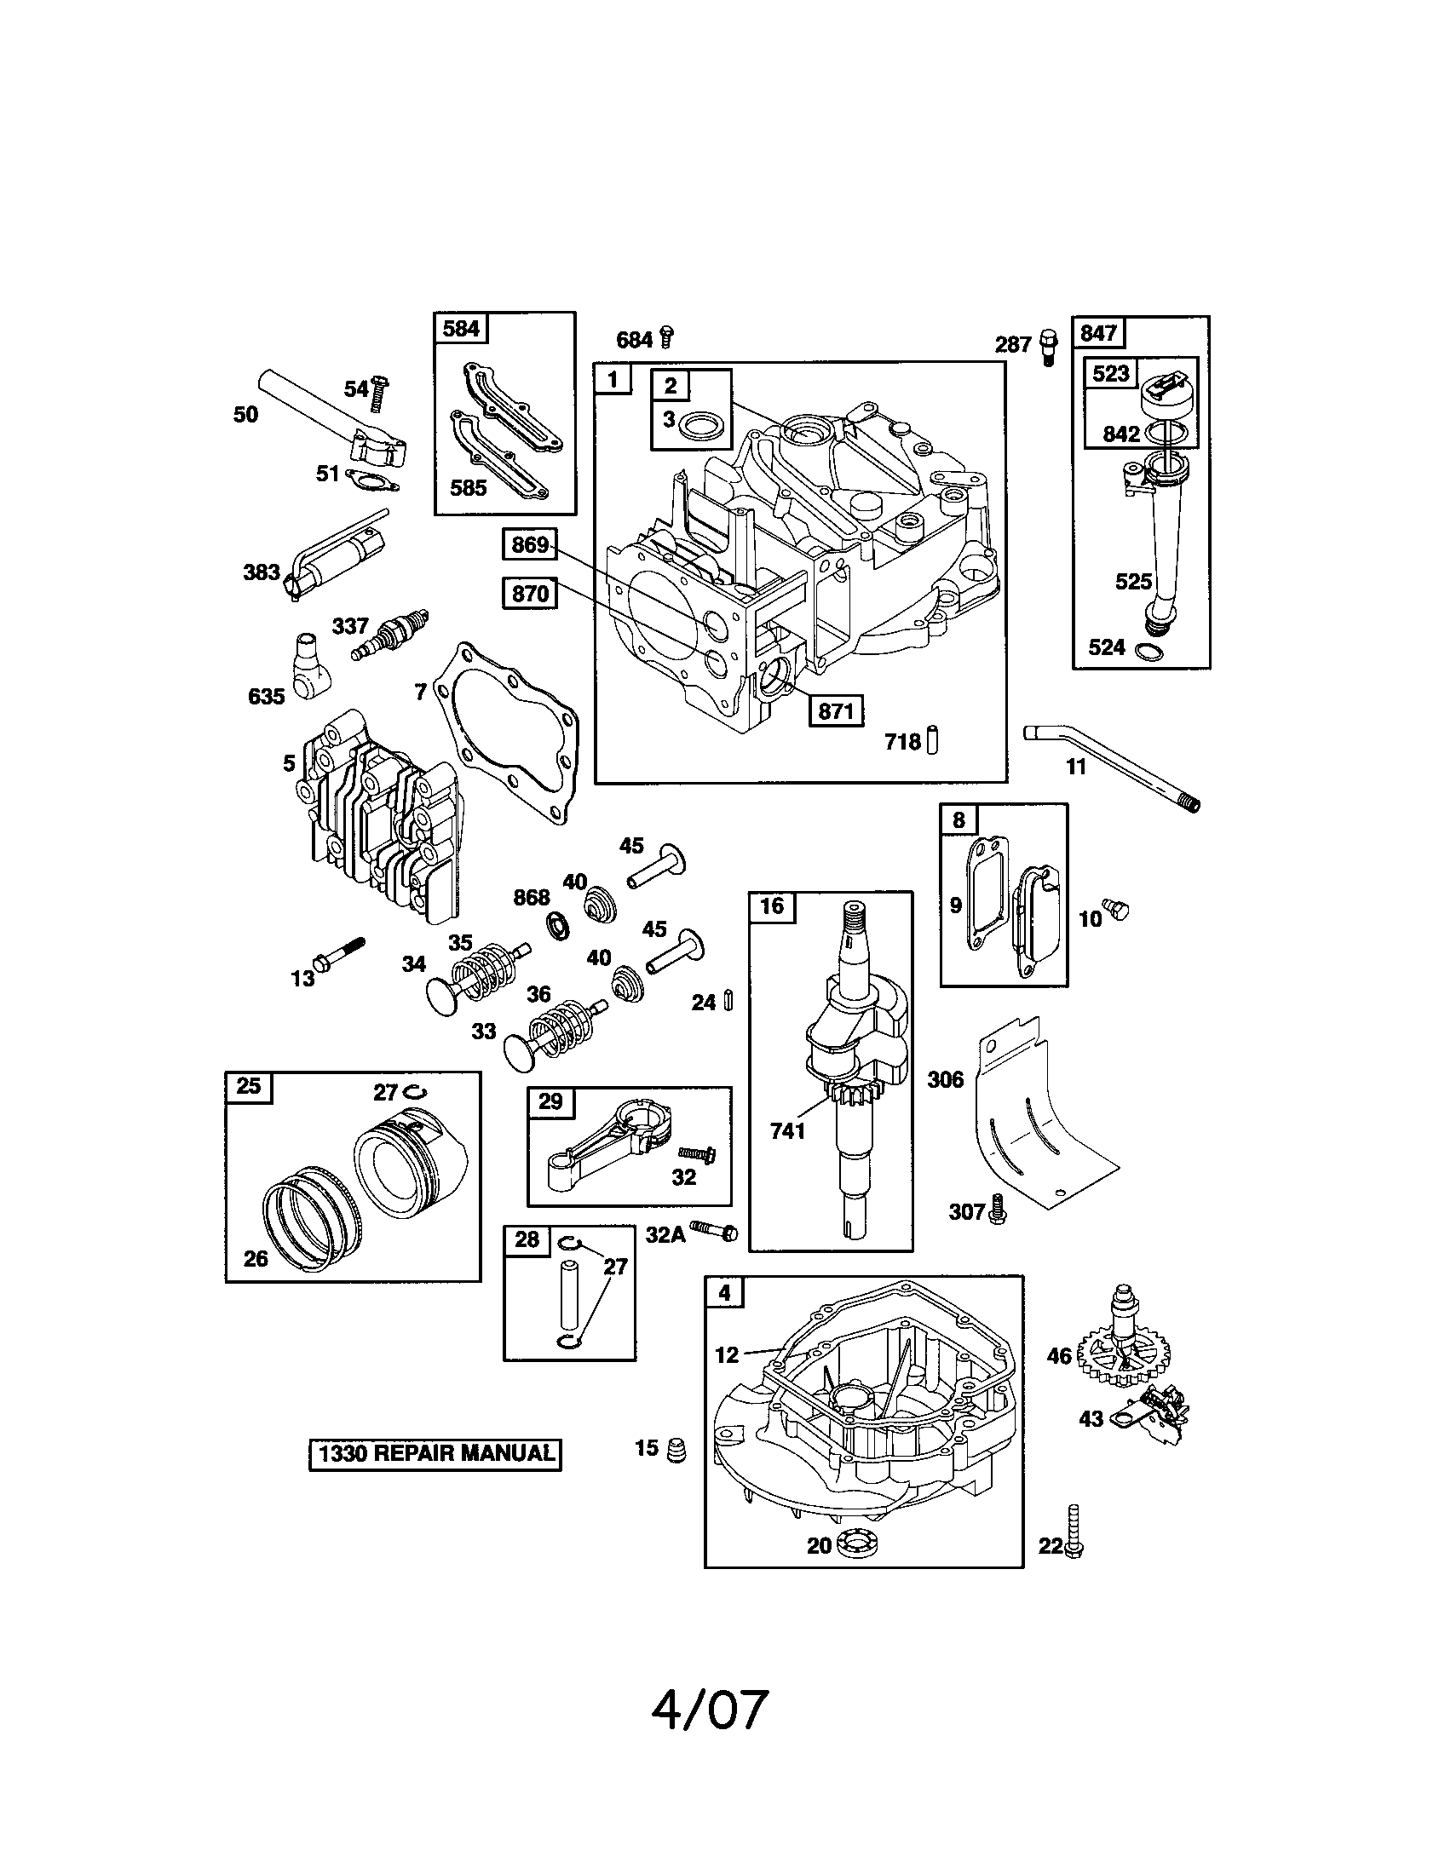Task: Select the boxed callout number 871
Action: (835, 710)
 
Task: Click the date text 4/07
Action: (709, 1710)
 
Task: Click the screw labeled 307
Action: (997, 1209)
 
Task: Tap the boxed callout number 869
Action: (529, 544)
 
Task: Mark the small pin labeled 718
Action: (933, 739)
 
